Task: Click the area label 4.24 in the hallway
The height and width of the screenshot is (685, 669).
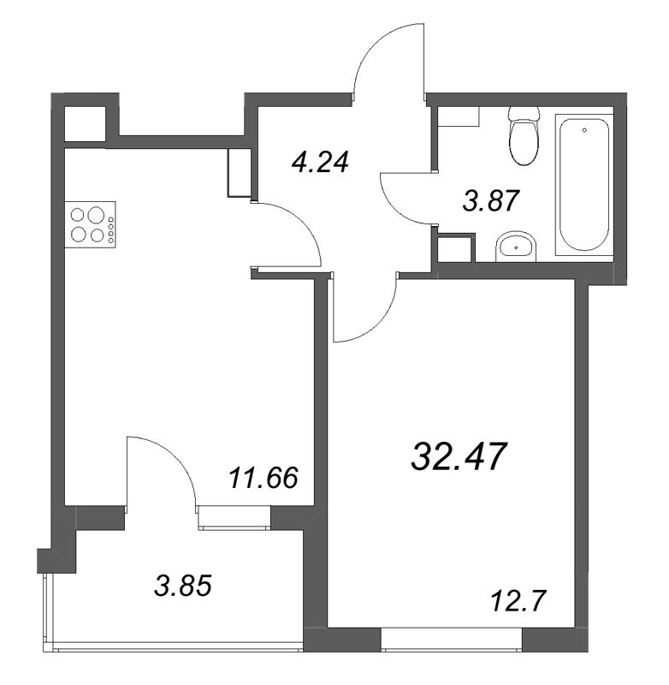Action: (321, 163)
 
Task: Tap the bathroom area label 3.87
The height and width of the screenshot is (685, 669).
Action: (491, 201)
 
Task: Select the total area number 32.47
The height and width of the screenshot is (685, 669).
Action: (458, 456)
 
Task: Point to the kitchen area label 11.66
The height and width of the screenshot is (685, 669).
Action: (263, 478)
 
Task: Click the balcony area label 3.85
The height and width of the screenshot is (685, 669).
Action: (183, 586)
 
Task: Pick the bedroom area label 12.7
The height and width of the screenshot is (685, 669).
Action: (518, 601)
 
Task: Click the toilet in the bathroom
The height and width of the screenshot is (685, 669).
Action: (524, 136)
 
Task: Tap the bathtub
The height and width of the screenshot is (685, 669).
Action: (584, 185)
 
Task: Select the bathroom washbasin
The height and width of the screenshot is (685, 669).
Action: (515, 247)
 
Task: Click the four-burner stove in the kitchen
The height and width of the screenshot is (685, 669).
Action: (91, 224)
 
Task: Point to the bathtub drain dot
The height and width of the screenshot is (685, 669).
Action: (584, 130)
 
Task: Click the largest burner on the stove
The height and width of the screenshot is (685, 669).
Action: (96, 215)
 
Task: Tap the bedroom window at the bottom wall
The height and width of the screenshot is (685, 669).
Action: (452, 640)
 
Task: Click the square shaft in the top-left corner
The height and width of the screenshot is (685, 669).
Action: (85, 123)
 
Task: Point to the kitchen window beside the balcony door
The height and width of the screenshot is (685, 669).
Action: (234, 518)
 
